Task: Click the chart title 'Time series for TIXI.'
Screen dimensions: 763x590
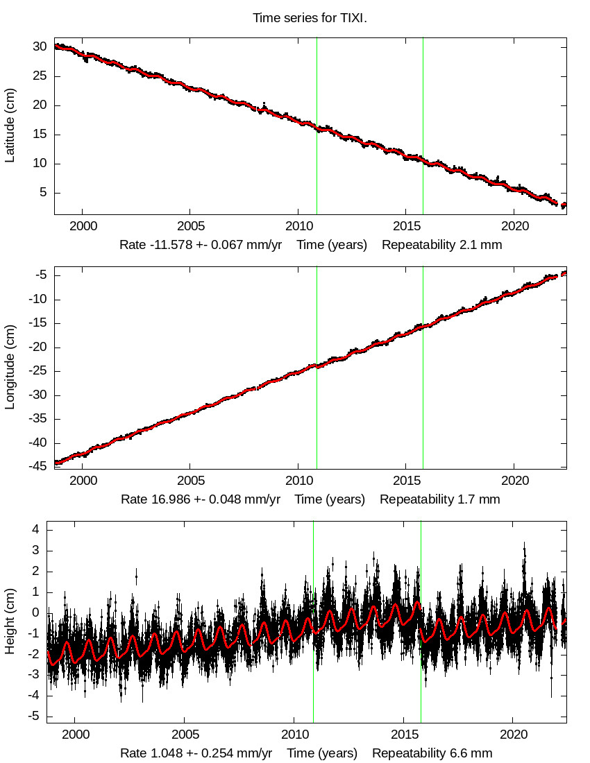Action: (310, 19)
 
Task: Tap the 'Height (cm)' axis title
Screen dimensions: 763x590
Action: (10, 621)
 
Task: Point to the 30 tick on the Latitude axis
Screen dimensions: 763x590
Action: (40, 47)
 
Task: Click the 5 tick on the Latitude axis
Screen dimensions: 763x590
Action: (43, 193)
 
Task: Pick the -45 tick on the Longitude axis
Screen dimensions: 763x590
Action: (36, 466)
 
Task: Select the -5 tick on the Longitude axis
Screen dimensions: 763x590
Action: (40, 275)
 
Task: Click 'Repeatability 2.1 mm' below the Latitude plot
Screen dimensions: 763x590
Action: (441, 245)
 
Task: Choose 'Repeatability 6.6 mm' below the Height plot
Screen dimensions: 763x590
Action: (432, 753)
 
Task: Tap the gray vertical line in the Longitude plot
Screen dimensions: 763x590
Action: (423, 416)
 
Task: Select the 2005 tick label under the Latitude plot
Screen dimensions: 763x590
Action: (190, 226)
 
